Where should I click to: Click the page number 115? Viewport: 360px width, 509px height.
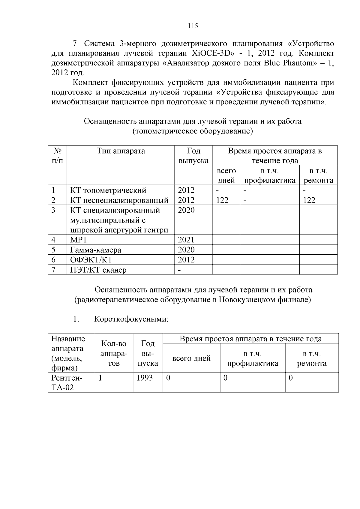(x=193, y=26)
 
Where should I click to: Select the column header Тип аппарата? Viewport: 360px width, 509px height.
(x=121, y=151)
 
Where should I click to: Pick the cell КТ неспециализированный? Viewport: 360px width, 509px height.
(x=119, y=200)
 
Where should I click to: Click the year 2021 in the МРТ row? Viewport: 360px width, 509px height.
(x=186, y=240)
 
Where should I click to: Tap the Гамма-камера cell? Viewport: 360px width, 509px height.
(x=96, y=250)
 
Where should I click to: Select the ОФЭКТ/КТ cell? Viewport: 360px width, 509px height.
(x=91, y=260)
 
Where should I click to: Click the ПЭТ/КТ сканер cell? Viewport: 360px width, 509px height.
(x=98, y=270)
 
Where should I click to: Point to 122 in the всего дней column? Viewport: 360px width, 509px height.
(x=222, y=200)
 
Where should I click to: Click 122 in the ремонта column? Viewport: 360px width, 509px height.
(x=309, y=200)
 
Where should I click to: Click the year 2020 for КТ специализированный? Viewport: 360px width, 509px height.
(x=186, y=210)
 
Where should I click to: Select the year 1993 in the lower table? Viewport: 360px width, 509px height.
(x=145, y=378)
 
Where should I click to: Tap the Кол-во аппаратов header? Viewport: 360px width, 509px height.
(x=114, y=353)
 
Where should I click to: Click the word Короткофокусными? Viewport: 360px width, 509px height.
(x=131, y=319)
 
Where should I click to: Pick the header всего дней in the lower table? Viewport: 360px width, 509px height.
(x=191, y=358)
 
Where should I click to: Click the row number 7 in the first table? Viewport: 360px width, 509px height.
(x=53, y=270)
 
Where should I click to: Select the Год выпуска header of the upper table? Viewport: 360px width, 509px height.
(x=193, y=156)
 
